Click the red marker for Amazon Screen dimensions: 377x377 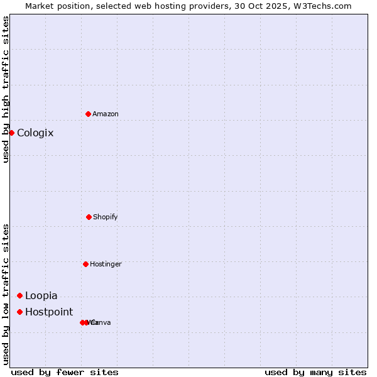(x=88, y=114)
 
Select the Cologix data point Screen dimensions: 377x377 (x=11, y=133)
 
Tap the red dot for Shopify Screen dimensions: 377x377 (x=89, y=217)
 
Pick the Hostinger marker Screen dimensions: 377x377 (x=85, y=264)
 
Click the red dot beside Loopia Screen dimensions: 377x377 (x=19, y=295)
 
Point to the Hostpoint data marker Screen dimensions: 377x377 (x=19, y=312)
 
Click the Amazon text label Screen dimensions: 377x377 (x=106, y=114)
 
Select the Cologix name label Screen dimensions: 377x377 (x=35, y=133)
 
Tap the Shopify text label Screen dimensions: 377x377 (x=106, y=217)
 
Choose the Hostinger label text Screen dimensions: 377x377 (x=106, y=264)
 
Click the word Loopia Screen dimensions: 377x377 (x=41, y=295)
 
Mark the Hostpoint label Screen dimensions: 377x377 (x=49, y=312)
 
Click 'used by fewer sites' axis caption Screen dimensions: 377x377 (x=65, y=372)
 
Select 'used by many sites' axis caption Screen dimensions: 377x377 (x=315, y=372)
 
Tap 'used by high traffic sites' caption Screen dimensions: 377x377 (x=6, y=89)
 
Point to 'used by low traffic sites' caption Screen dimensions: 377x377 (x=6, y=294)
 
